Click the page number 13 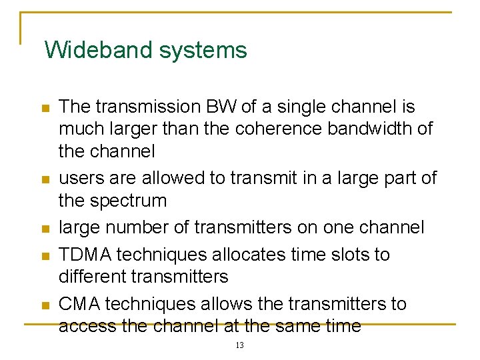click(x=240, y=345)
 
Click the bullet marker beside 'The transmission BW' click(x=45, y=108)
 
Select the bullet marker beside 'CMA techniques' click(x=45, y=305)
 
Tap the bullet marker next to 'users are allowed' click(x=45, y=179)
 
